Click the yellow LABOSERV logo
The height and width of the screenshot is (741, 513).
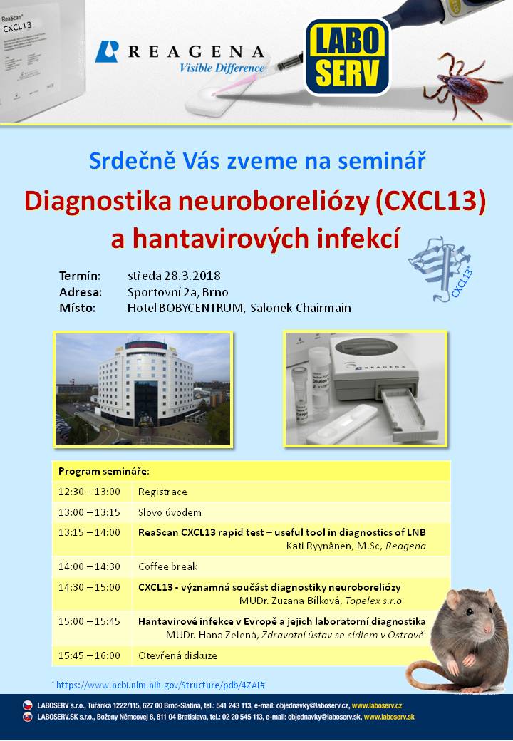[347, 57]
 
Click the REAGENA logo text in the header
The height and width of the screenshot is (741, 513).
[196, 51]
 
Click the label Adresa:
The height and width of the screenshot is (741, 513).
[81, 292]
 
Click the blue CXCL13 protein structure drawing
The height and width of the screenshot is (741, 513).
[440, 269]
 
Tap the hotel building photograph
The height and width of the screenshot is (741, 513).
[142, 390]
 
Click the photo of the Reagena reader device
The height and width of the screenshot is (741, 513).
[365, 388]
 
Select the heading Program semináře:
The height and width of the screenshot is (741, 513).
[103, 471]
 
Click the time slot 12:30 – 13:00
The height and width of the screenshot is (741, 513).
[89, 492]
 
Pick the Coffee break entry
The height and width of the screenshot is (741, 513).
[167, 566]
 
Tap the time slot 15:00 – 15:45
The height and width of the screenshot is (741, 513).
[89, 621]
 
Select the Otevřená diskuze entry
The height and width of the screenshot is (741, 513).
[177, 655]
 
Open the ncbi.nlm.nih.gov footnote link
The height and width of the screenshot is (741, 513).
[160, 685]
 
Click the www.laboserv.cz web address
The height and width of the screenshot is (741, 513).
[377, 705]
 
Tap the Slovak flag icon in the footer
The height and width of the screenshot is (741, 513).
[28, 717]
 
